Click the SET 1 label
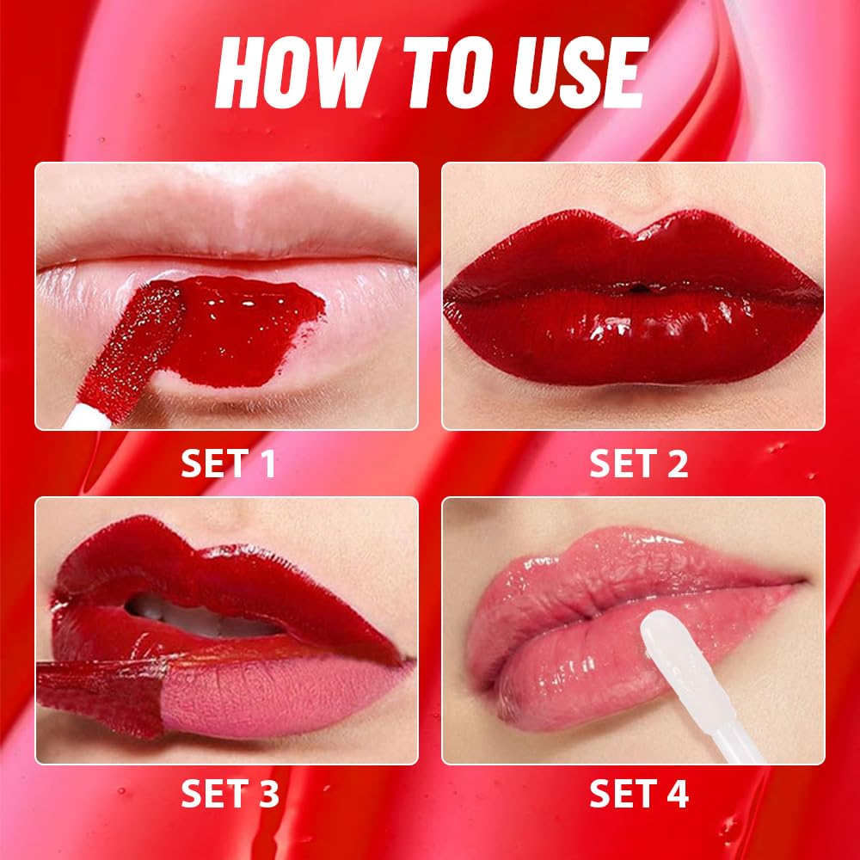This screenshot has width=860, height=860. click(228, 464)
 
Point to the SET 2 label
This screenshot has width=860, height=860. click(638, 464)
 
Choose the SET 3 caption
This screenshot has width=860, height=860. click(230, 794)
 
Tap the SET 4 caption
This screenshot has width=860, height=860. click(639, 794)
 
